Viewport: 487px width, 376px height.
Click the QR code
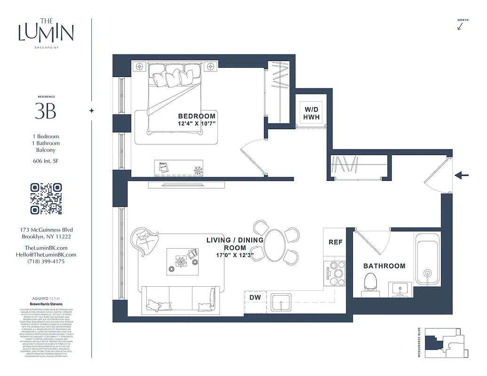(x=46, y=199)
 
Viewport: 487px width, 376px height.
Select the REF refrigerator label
(x=335, y=243)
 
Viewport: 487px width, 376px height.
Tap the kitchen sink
(x=281, y=302)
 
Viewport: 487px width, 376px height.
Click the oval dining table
(x=274, y=243)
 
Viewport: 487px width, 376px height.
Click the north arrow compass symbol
(x=460, y=26)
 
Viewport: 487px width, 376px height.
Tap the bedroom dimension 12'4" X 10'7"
(x=197, y=124)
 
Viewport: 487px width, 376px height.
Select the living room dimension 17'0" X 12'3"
(x=235, y=256)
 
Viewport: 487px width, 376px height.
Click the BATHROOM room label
(x=384, y=266)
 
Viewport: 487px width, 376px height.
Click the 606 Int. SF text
(x=46, y=161)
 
